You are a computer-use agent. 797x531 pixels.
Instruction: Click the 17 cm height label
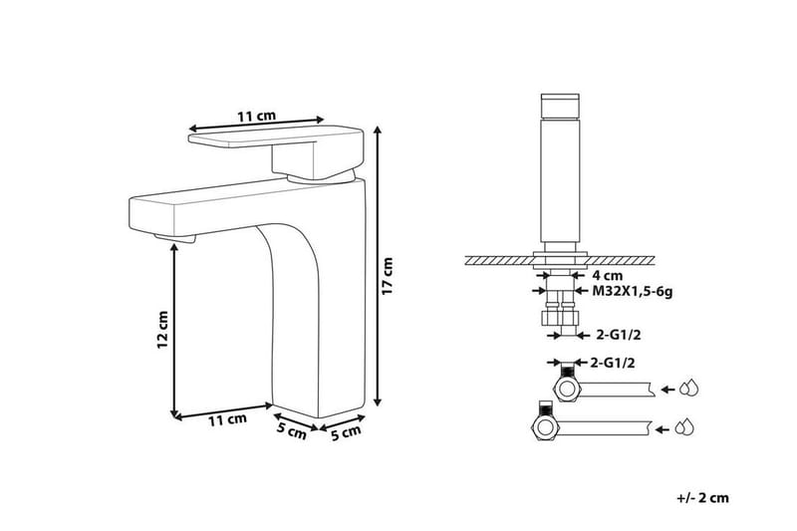click(388, 276)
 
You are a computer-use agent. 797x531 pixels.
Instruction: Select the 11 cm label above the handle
click(256, 117)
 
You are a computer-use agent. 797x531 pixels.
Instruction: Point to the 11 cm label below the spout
click(226, 420)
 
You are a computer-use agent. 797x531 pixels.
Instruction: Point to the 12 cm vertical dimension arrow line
click(174, 329)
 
